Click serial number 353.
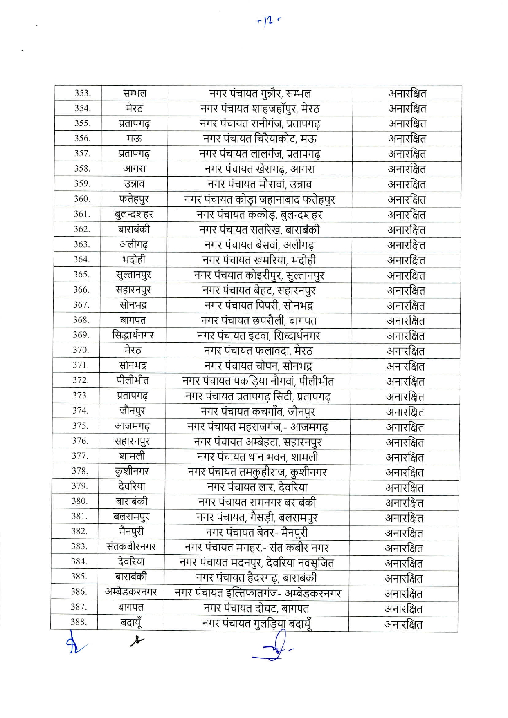82,93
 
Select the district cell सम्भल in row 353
135,93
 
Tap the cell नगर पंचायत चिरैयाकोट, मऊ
260,139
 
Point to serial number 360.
81,199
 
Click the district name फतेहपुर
134,199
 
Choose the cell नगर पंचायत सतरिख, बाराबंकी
259,230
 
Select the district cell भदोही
133,259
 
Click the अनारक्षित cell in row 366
406,291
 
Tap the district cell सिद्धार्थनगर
133,335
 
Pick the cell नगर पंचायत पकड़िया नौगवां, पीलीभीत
258,381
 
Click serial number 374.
80,411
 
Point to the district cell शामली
132,456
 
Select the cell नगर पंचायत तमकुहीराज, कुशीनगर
257,472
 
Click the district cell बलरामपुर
131,517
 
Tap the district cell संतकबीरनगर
131,547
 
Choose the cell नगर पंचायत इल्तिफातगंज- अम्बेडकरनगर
257,593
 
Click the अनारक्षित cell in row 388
403,624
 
